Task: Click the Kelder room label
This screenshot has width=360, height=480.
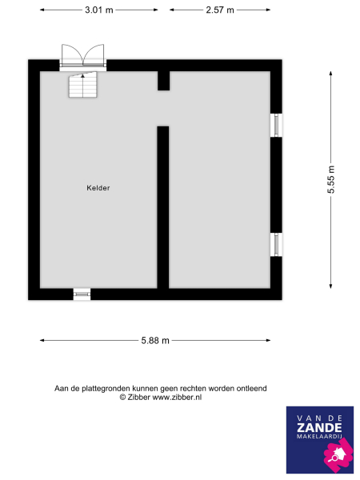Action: pyautogui.click(x=98, y=188)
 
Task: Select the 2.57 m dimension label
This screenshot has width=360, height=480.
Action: pyautogui.click(x=219, y=10)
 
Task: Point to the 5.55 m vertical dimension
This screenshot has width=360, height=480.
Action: pyautogui.click(x=330, y=180)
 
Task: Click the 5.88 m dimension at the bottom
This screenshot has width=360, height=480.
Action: pyautogui.click(x=155, y=340)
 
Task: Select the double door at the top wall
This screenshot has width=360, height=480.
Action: pyautogui.click(x=83, y=58)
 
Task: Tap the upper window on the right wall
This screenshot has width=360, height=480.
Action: pyautogui.click(x=276, y=124)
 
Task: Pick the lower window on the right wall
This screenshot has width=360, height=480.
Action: pyautogui.click(x=276, y=244)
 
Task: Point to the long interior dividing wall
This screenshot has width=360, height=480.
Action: pyautogui.click(x=162, y=206)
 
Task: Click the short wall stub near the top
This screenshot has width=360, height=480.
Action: pyautogui.click(x=162, y=81)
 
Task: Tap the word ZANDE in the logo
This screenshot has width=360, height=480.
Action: pyautogui.click(x=318, y=430)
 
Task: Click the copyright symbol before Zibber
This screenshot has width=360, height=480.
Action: pyautogui.click(x=122, y=397)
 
